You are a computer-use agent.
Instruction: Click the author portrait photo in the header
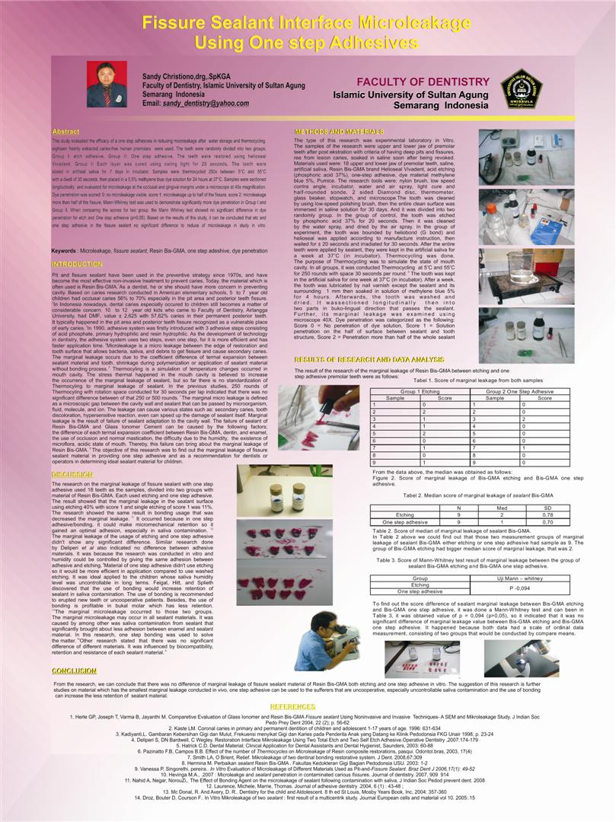click(x=106, y=84)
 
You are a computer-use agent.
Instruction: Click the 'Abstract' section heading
click(x=65, y=132)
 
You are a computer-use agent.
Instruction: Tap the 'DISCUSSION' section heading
click(x=72, y=474)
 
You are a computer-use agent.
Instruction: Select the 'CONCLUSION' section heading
click(x=74, y=671)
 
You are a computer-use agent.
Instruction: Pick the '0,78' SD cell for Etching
click(x=547, y=515)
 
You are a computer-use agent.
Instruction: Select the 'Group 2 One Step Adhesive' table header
click(x=520, y=390)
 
